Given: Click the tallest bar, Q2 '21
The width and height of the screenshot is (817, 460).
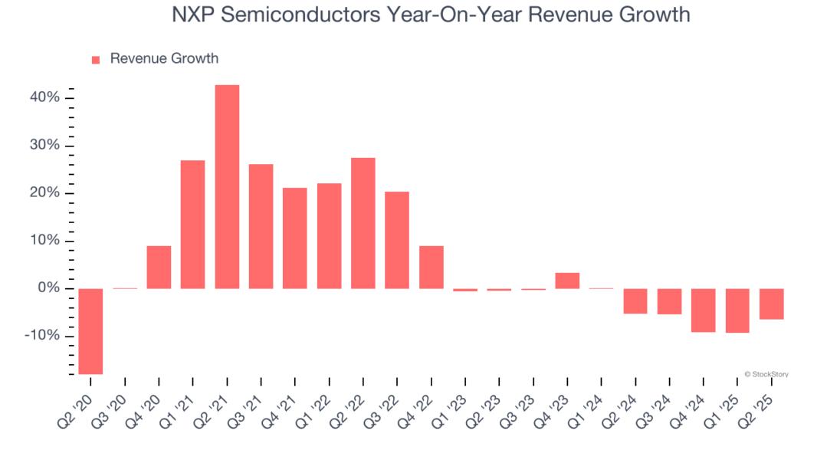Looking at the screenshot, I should point(227,186).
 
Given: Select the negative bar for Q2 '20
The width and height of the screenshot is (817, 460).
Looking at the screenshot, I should point(90,331).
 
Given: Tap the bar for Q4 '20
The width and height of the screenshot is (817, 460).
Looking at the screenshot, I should point(159,267).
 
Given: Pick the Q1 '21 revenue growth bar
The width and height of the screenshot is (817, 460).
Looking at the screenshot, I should point(192,224).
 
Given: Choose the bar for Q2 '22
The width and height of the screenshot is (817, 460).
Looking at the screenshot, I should point(363,223).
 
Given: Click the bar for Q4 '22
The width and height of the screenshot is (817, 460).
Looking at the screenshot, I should point(431,267).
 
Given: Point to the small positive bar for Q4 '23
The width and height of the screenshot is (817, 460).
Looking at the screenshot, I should point(567,281).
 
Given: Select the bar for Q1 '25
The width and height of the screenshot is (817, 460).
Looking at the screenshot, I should point(737,310).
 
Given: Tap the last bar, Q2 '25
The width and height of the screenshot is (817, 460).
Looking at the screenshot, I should point(772,304).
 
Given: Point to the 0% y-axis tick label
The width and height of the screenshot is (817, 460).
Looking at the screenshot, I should point(48,288).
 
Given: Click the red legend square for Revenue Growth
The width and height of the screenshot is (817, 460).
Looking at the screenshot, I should point(96,60).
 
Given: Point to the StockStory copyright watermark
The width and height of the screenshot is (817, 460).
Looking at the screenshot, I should point(766,374).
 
